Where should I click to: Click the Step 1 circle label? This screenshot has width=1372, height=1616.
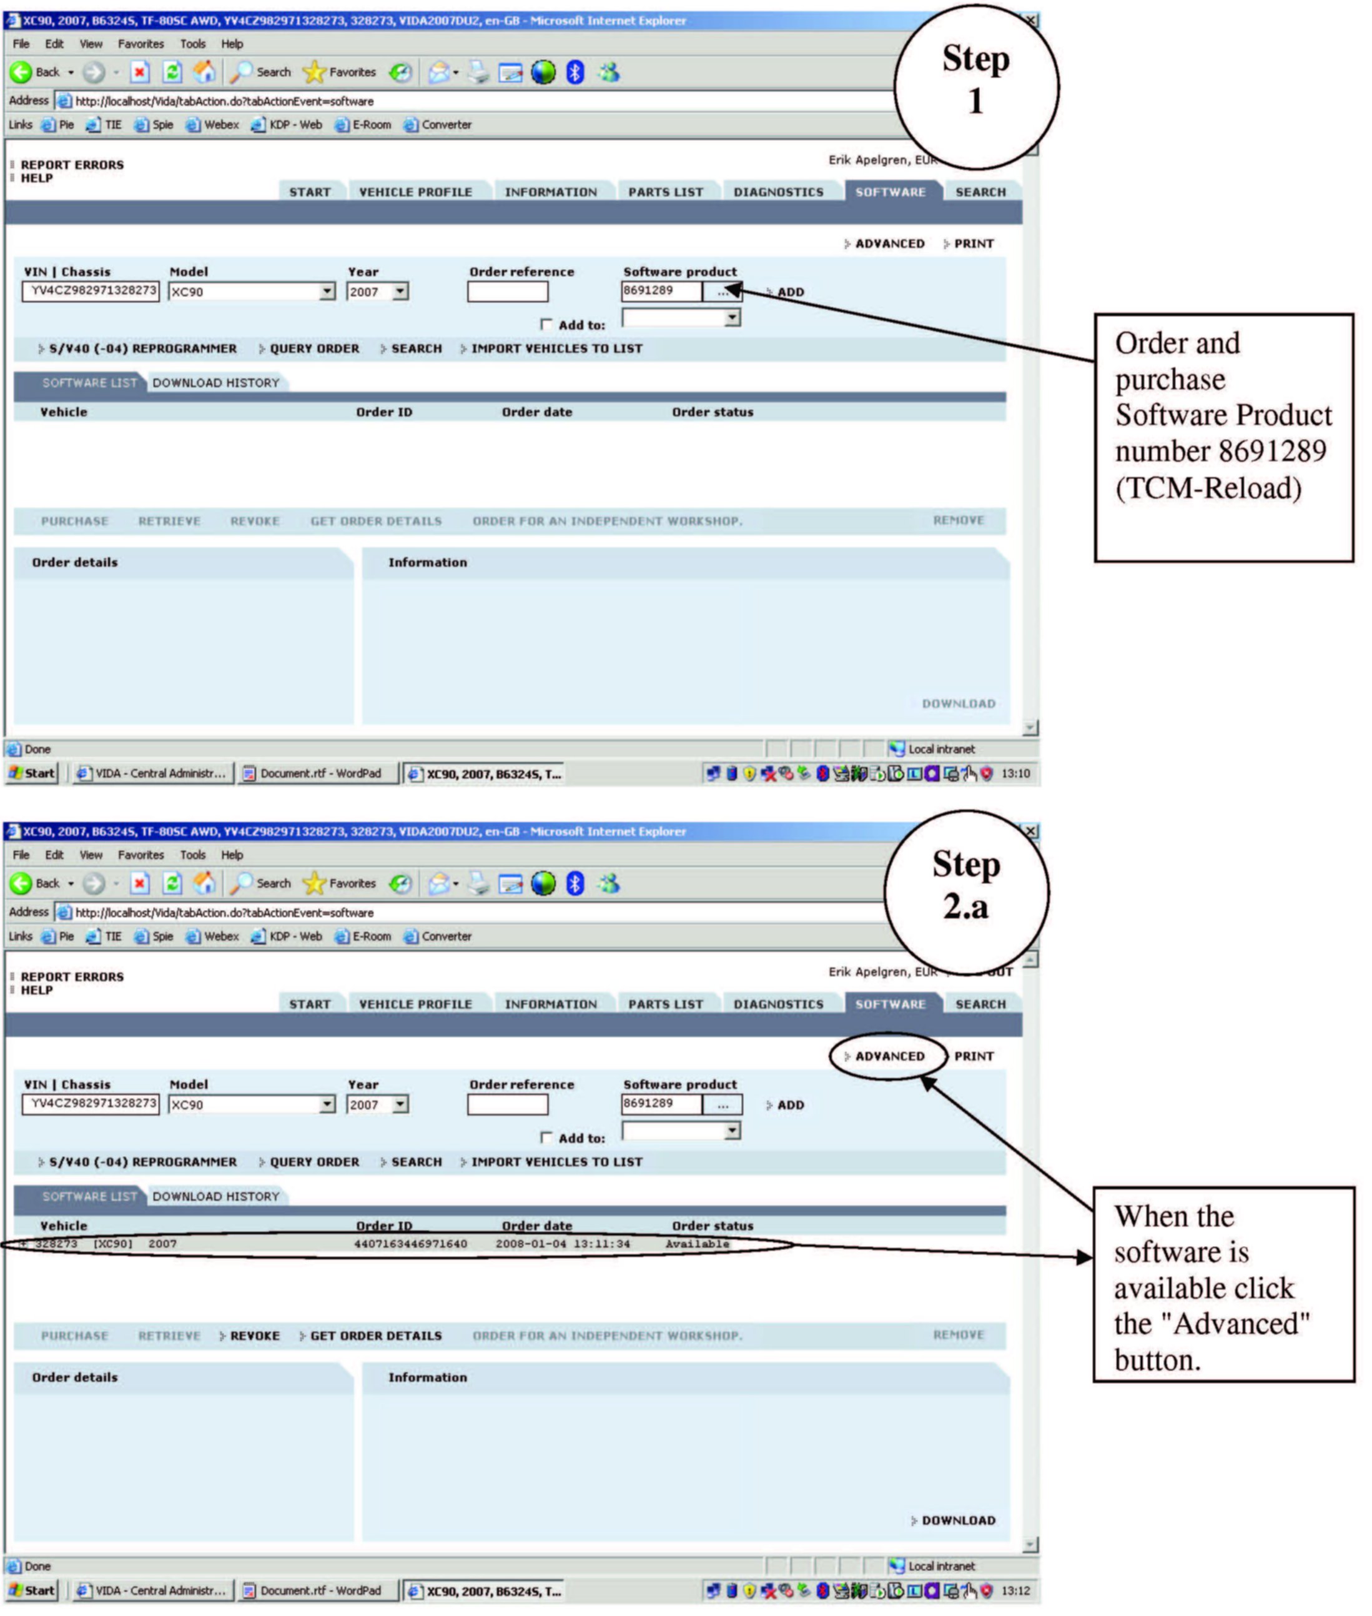pyautogui.click(x=975, y=79)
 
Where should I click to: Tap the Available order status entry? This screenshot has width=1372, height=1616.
pyautogui.click(x=697, y=1243)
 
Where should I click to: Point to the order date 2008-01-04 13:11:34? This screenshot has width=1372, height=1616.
pyautogui.click(x=562, y=1243)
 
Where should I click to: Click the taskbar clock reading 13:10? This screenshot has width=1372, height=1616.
pyautogui.click(x=1015, y=773)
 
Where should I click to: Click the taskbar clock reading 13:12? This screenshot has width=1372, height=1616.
pyautogui.click(x=1015, y=1590)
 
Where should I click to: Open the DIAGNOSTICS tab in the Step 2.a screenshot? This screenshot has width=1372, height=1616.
pyautogui.click(x=777, y=1004)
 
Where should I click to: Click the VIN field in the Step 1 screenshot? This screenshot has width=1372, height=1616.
pyautogui.click(x=92, y=291)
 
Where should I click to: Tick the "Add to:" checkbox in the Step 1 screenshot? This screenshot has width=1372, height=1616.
pyautogui.click(x=546, y=324)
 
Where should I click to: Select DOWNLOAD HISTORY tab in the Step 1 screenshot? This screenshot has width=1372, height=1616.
pyautogui.click(x=215, y=383)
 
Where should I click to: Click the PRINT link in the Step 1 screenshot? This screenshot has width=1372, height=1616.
pyautogui.click(x=973, y=244)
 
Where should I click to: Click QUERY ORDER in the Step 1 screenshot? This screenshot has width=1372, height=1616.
pyautogui.click(x=314, y=349)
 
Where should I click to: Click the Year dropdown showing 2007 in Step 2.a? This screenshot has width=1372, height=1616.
pyautogui.click(x=377, y=1104)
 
